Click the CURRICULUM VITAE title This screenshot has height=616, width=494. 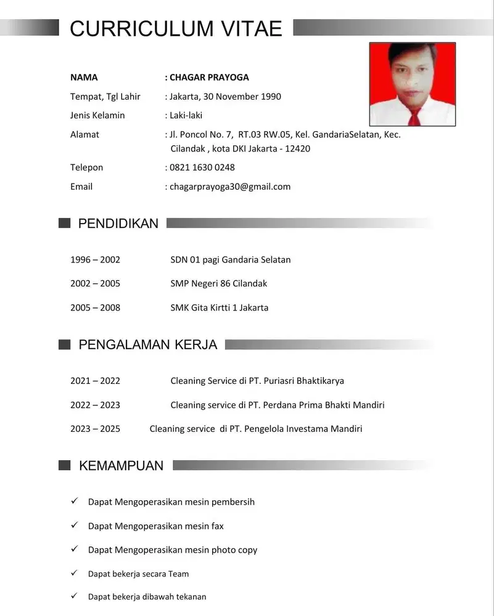coord(176,28)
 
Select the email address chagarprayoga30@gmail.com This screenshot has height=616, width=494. coord(230,187)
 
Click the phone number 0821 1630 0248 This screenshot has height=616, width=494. coord(202,168)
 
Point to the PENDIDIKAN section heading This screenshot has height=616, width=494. coord(118,224)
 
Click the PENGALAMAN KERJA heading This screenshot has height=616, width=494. coord(148,345)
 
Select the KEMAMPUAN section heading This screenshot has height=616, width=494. coord(121,466)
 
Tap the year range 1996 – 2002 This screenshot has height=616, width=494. coord(95,259)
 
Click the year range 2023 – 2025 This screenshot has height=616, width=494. coord(95,429)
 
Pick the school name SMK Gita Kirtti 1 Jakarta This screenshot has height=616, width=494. coord(220,307)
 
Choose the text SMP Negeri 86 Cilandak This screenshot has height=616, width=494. coord(219,283)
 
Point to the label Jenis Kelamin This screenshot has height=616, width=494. coord(97,115)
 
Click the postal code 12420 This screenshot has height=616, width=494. coord(298,148)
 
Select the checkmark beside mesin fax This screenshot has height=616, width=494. coord(74,525)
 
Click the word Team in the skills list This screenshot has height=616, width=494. coord(178,574)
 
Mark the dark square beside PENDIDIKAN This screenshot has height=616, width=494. coord(64,223)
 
